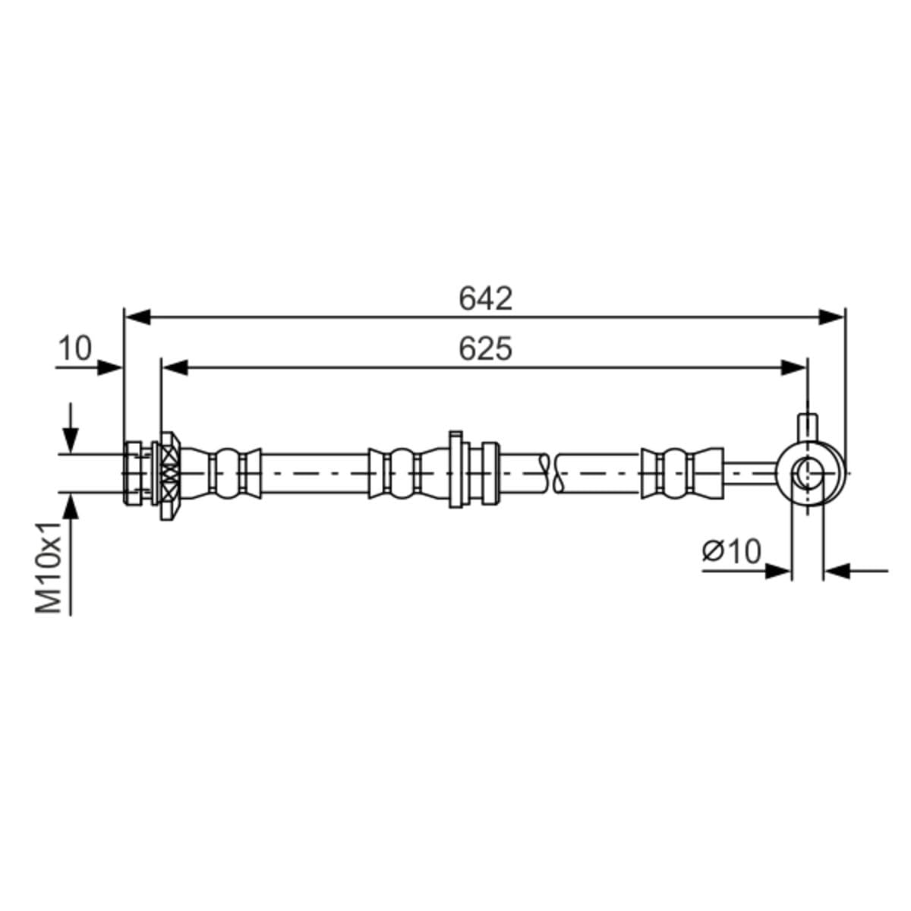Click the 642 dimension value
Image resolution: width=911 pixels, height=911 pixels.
(486, 299)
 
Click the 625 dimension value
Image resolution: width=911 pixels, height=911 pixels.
(486, 349)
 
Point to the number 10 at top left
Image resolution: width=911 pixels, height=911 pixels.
(74, 348)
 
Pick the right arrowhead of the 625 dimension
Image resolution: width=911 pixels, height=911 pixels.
(793, 367)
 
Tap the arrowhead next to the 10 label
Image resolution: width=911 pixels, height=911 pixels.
(110, 367)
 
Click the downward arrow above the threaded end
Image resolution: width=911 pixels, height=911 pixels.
(71, 439)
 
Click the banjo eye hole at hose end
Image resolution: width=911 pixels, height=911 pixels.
(807, 474)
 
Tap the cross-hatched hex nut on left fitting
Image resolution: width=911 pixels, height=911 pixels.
(169, 474)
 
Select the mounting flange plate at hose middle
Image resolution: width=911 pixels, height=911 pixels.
(455, 469)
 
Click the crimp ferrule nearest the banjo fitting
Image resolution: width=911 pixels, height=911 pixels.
(679, 474)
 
